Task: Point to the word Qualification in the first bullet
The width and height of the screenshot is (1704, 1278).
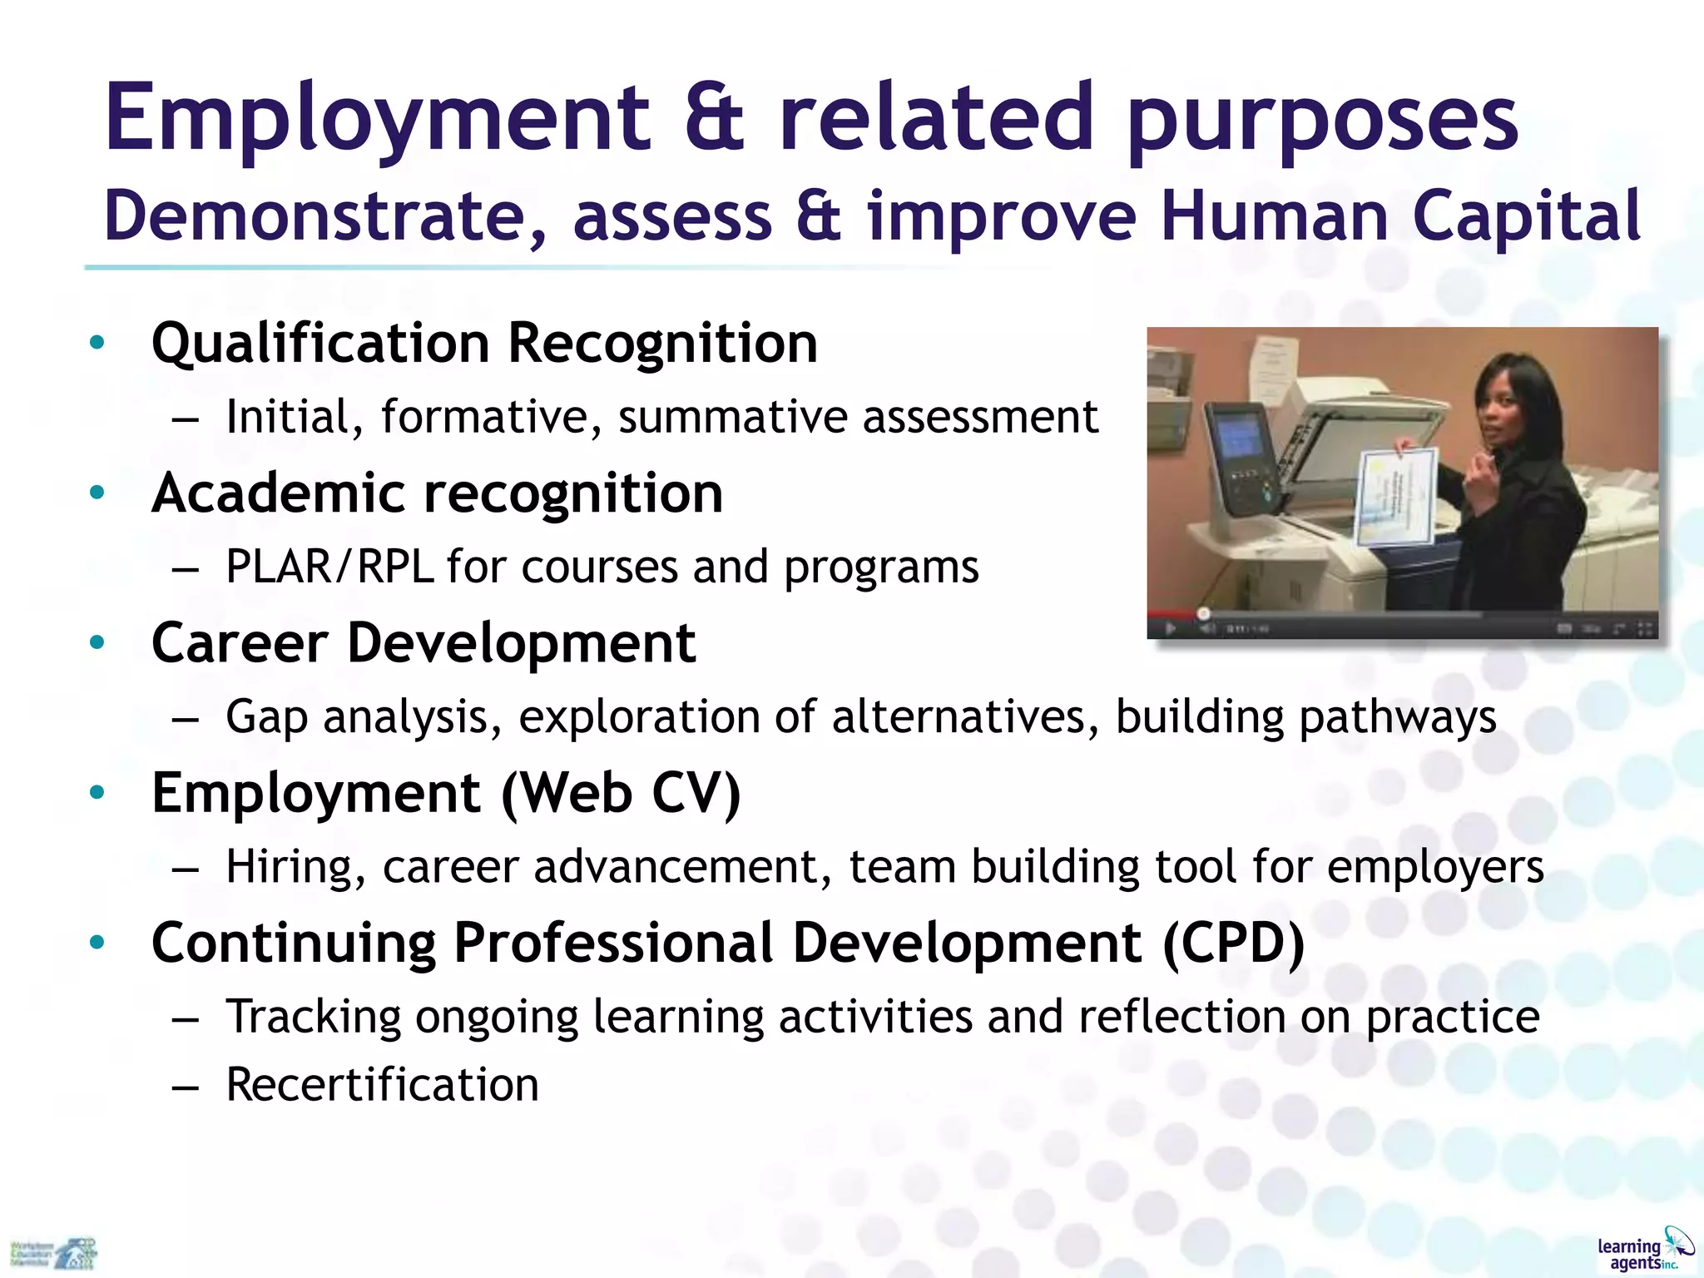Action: pos(320,343)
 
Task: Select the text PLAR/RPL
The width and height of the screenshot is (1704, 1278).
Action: pos(329,567)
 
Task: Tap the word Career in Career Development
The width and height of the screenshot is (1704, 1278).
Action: pos(240,643)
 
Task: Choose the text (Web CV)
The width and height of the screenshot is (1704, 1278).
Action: pos(621,793)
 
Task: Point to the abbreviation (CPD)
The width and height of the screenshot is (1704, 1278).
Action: pos(1233,943)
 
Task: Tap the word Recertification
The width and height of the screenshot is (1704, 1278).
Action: pos(383,1085)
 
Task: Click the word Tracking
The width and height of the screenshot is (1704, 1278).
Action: pos(314,1018)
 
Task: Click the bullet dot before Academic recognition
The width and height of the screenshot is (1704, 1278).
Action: pos(97,493)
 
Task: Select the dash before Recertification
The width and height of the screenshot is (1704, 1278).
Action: pos(185,1087)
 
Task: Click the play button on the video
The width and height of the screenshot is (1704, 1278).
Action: pos(1170,628)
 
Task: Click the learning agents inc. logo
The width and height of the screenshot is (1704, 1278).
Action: pos(1644,1251)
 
